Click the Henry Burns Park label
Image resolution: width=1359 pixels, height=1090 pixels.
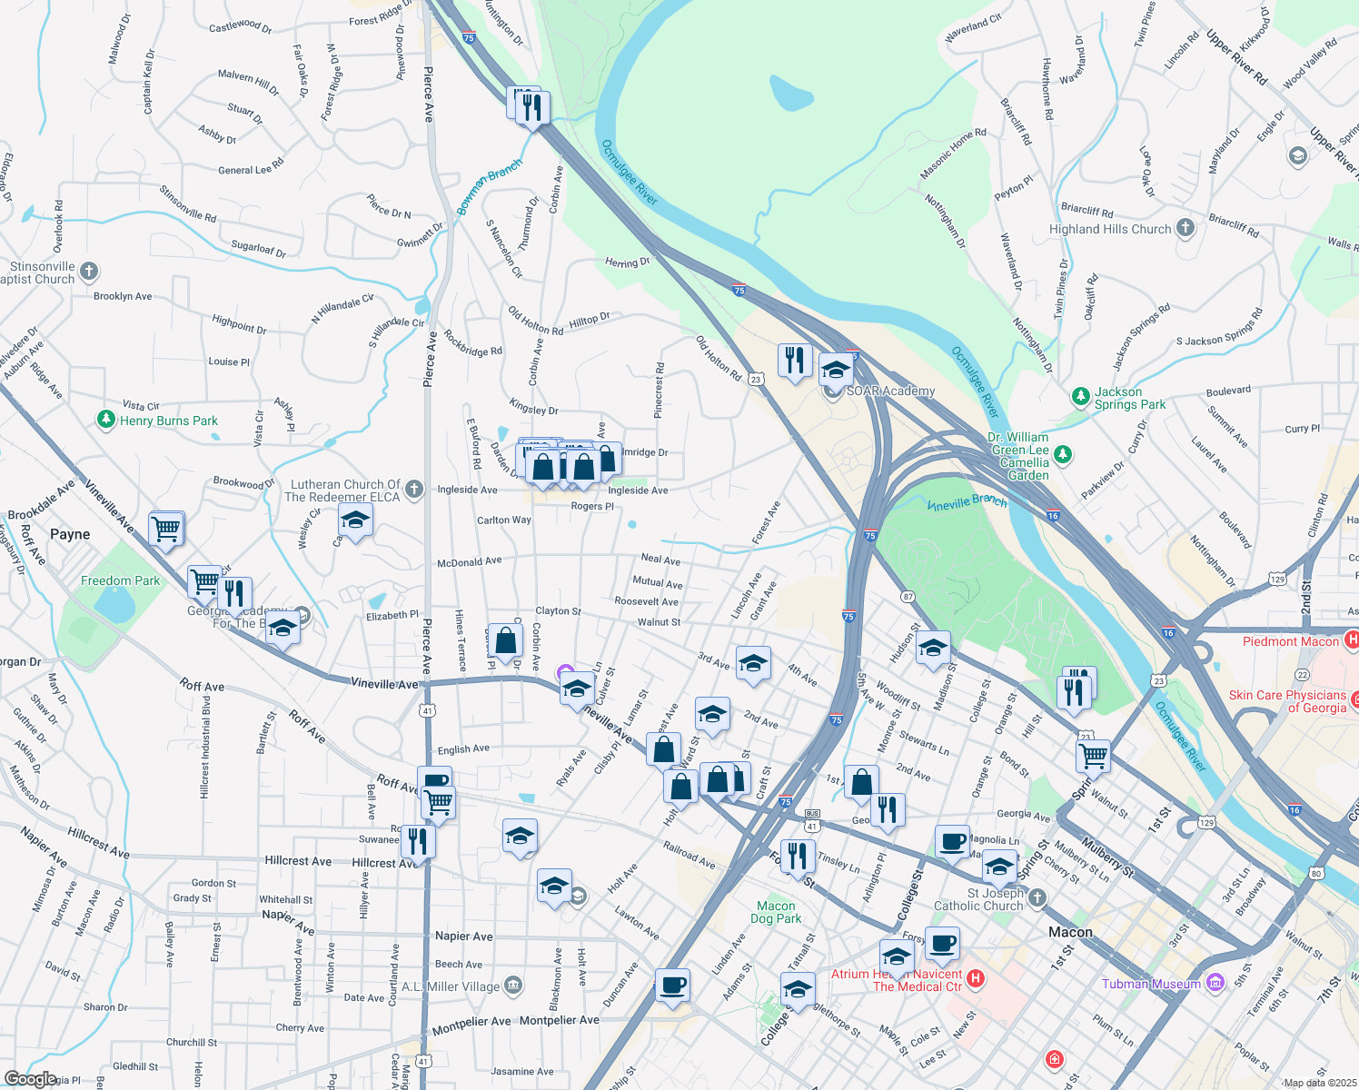pyautogui.click(x=169, y=421)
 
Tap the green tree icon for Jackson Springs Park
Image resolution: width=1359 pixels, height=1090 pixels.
pyautogui.click(x=1080, y=396)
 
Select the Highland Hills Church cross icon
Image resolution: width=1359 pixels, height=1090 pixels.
pyautogui.click(x=1185, y=228)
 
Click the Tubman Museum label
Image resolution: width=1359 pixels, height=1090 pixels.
pyautogui.click(x=1151, y=984)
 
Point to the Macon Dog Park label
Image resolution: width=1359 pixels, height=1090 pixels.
pyautogui.click(x=776, y=912)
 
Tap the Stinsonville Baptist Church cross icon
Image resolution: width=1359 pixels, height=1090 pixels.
pyautogui.click(x=89, y=271)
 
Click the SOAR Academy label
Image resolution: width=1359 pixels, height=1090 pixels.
pyautogui.click(x=890, y=391)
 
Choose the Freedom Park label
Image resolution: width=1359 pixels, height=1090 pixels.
pyautogui.click(x=120, y=580)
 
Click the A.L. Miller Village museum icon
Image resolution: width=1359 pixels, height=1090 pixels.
pyautogui.click(x=512, y=986)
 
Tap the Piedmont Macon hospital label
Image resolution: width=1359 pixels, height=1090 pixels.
pyautogui.click(x=1291, y=641)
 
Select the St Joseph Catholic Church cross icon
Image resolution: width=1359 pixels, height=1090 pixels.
pyautogui.click(x=1037, y=897)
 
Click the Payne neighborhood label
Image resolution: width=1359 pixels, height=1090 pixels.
pyautogui.click(x=70, y=534)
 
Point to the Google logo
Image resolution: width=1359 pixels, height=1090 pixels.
pyautogui.click(x=30, y=1078)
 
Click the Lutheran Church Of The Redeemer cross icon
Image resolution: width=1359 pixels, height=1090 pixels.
pyautogui.click(x=414, y=490)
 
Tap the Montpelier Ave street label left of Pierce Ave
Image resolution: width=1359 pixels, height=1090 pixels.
pyautogui.click(x=471, y=1022)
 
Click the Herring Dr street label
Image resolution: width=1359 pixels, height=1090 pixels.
pyautogui.click(x=628, y=263)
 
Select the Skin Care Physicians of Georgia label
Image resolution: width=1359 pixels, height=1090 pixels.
pyautogui.click(x=1287, y=701)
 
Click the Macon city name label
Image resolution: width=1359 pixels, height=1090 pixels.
pyautogui.click(x=1070, y=932)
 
